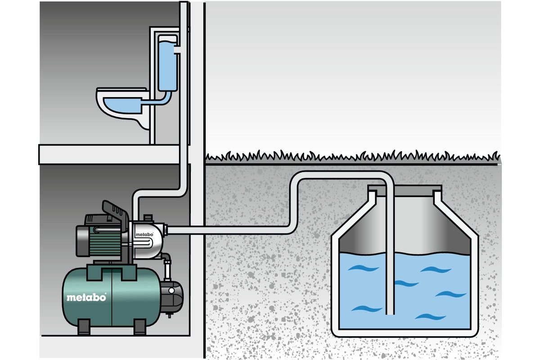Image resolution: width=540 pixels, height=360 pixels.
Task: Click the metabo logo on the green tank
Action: click(86, 297)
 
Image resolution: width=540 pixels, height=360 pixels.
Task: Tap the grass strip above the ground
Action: click(351, 157)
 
